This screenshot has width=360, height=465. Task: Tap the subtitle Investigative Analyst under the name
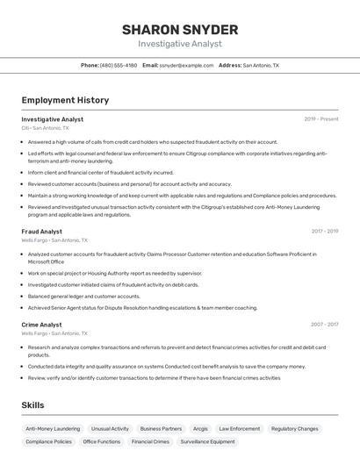179,44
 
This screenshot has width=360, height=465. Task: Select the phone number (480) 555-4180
119,65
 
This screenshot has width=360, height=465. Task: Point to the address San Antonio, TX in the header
261,65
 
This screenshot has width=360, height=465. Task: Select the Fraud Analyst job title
41,232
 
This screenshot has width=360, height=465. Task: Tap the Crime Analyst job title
42,325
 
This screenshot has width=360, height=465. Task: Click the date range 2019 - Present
321,118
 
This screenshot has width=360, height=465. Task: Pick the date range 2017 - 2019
324,232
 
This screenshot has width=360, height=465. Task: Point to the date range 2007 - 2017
324,325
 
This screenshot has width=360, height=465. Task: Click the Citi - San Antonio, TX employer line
45,127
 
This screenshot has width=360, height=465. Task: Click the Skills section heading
32,405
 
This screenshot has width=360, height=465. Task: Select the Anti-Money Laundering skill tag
53,429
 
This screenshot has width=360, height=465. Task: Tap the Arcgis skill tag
200,429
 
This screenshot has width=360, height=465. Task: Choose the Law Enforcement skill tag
240,429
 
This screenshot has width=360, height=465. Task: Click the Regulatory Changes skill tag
295,429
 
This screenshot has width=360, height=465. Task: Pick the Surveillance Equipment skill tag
208,442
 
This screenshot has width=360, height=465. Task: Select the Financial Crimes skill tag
150,442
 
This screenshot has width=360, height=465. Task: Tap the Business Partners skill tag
161,429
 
